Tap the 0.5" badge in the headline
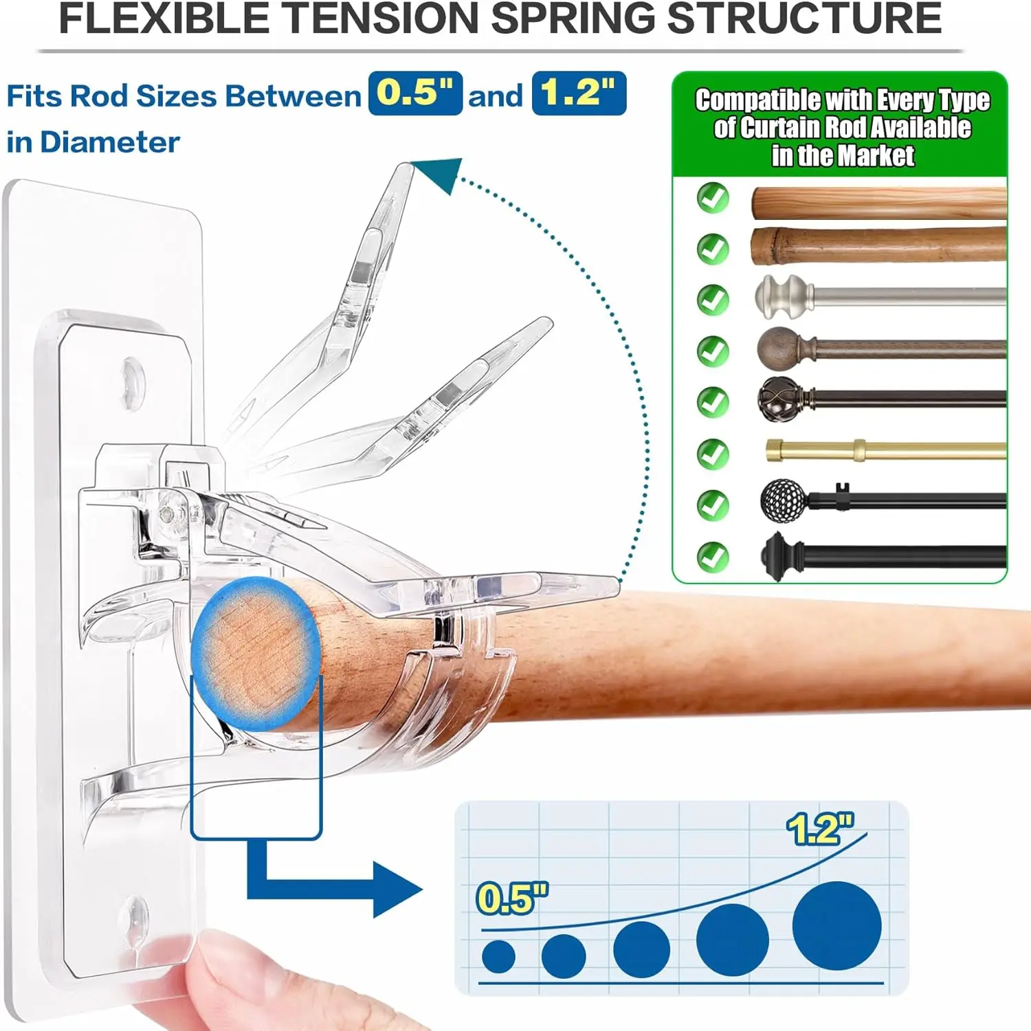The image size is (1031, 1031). pyautogui.click(x=415, y=93)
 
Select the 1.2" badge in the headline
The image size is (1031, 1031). pyautogui.click(x=579, y=93)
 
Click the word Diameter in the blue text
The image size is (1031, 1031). pyautogui.click(x=110, y=142)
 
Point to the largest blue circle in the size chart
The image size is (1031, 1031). pyautogui.click(x=836, y=926)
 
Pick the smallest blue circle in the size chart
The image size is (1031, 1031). pyautogui.click(x=498, y=956)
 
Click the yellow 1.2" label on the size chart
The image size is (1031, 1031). pyautogui.click(x=820, y=829)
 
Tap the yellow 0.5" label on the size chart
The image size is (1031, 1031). pyautogui.click(x=512, y=898)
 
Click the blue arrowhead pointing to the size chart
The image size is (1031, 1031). pyautogui.click(x=397, y=889)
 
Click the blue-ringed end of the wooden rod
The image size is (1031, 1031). pyautogui.click(x=256, y=653)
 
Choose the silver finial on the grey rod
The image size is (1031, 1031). pyautogui.click(x=784, y=297)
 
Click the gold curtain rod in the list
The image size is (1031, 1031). pyautogui.click(x=886, y=451)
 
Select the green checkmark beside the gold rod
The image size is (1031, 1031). pyautogui.click(x=713, y=454)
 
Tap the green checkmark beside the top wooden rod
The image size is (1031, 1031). pyautogui.click(x=713, y=198)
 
